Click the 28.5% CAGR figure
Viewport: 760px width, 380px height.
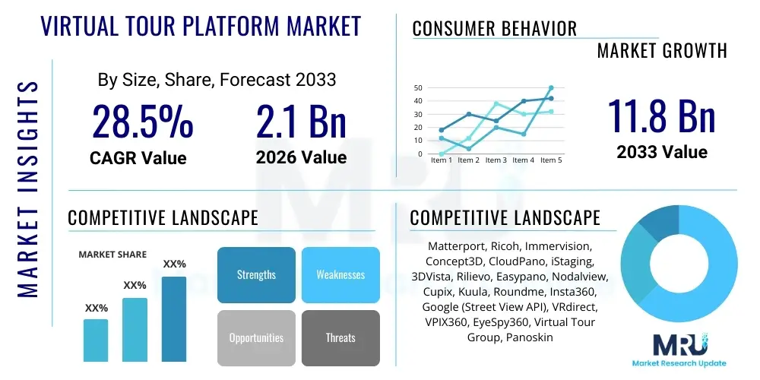point(143,122)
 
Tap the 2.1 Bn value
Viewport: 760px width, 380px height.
point(301,122)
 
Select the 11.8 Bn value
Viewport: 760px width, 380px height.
point(661,116)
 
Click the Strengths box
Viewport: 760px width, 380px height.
point(256,275)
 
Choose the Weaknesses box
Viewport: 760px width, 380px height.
point(340,275)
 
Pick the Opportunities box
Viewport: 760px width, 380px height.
point(256,337)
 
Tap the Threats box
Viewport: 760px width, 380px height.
point(340,337)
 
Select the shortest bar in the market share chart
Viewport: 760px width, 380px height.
point(96,340)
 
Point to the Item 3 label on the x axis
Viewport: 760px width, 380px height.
point(496,160)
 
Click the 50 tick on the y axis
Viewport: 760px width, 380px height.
point(418,88)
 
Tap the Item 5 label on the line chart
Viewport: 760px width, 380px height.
point(551,160)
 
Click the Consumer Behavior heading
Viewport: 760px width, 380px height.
point(494,29)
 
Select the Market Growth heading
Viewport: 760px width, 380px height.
point(661,51)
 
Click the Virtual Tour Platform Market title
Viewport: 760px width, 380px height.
point(201,27)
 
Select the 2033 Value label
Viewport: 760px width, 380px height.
point(661,152)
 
